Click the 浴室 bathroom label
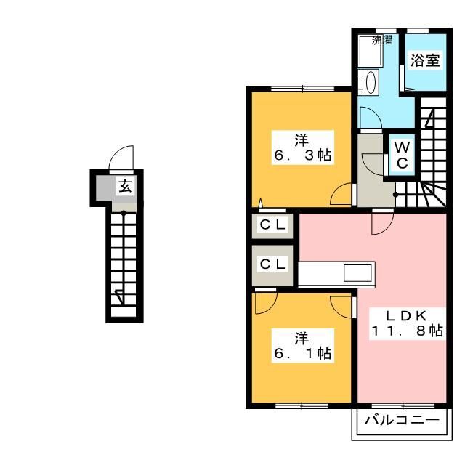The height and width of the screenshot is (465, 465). (x=425, y=61)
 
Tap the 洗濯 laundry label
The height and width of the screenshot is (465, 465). (x=382, y=40)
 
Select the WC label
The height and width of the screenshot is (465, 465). (x=402, y=155)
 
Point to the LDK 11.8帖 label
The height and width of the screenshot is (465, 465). (x=407, y=323)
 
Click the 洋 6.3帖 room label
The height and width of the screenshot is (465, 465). (x=302, y=147)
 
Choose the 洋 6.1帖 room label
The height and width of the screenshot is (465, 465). (x=302, y=346)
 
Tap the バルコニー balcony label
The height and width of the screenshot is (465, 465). (x=402, y=420)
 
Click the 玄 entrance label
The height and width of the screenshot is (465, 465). (x=125, y=186)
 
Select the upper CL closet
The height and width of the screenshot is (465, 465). (x=272, y=225)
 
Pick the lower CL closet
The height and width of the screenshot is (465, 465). (x=272, y=264)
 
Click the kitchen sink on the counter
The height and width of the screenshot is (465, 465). (x=357, y=273)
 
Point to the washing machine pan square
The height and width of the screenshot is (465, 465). (x=370, y=50)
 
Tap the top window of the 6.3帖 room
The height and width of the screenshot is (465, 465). (x=302, y=89)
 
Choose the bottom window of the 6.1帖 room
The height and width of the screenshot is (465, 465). (x=302, y=405)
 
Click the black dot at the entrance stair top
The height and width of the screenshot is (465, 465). (x=124, y=212)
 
